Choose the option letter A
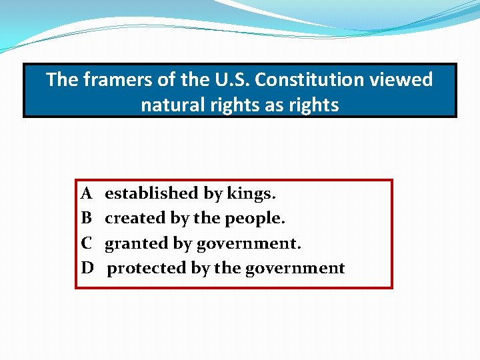(87, 193)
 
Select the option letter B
(87, 218)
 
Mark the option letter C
(87, 243)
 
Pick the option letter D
(87, 268)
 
